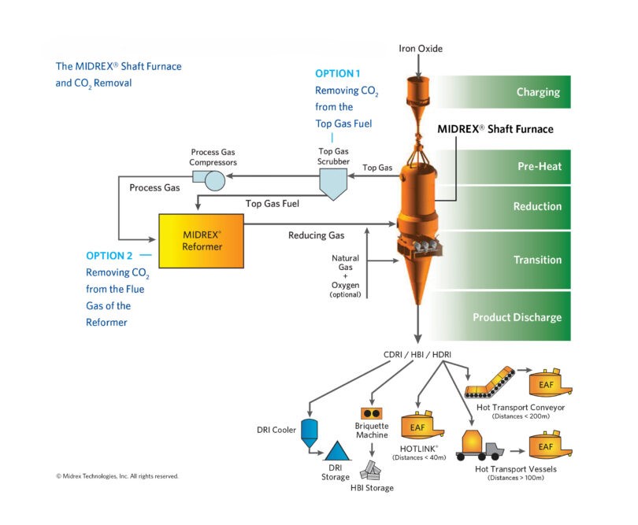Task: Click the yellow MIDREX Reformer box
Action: tap(201, 241)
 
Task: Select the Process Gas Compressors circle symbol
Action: tap(214, 180)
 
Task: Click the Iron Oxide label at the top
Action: tap(421, 49)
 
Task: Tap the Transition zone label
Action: tap(537, 260)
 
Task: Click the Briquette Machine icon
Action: tap(372, 413)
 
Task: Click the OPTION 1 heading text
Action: tap(338, 73)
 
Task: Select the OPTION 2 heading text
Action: tap(110, 256)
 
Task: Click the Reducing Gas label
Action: tap(316, 235)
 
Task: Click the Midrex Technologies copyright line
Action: tap(117, 476)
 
